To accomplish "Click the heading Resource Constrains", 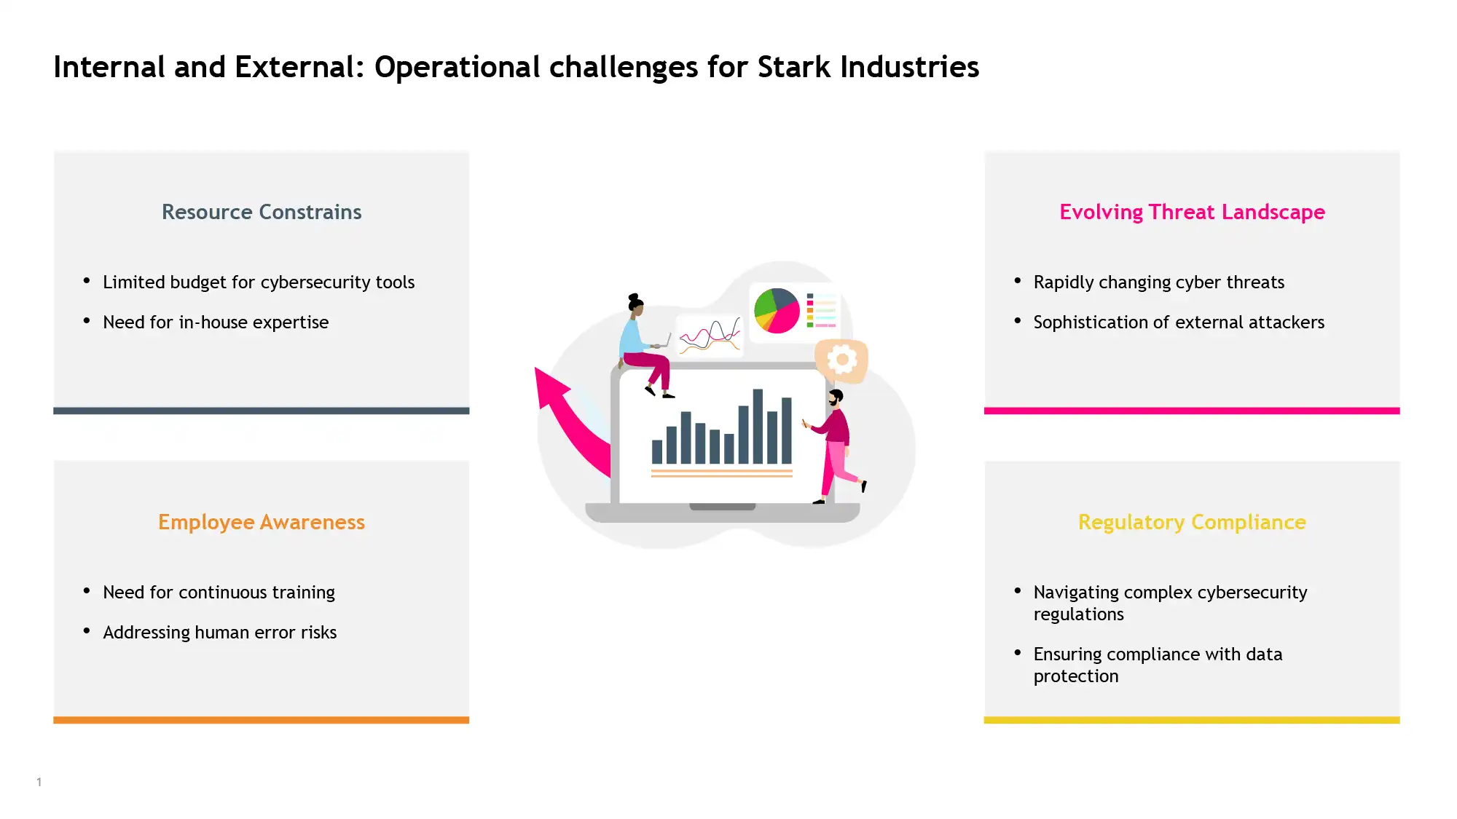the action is point(262,212).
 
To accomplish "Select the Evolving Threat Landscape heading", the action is point(1192,212).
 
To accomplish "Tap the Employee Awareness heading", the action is point(262,522).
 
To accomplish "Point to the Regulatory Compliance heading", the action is point(1192,522).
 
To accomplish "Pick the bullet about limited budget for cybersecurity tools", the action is point(259,282).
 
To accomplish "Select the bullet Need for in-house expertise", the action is point(216,323).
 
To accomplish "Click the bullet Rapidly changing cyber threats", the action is point(1159,282).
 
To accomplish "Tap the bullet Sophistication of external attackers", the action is point(1179,323).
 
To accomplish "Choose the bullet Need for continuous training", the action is point(219,593).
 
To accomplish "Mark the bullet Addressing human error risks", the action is point(220,633).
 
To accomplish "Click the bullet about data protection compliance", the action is point(1158,665).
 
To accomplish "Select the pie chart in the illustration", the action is point(777,311).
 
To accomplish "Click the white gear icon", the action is point(842,359).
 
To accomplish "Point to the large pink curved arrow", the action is point(568,422).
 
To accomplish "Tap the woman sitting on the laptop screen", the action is point(645,345).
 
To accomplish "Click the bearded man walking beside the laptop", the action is point(835,446).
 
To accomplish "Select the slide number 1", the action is point(39,782).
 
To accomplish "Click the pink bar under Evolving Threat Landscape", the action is point(1192,411).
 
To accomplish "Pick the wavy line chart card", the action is point(710,336).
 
